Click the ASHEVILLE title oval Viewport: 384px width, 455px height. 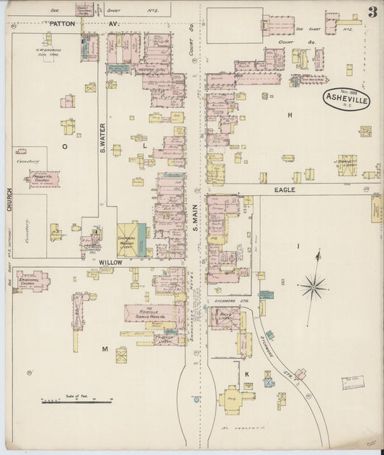click(346, 99)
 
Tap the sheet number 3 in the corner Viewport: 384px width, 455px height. click(372, 12)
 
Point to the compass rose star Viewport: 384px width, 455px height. click(314, 287)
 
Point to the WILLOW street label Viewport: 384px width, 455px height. click(110, 263)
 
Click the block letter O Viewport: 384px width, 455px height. click(64, 145)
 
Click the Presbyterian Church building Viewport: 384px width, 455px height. click(44, 177)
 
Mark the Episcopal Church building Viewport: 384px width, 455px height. click(33, 280)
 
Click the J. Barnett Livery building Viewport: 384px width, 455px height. click(347, 163)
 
